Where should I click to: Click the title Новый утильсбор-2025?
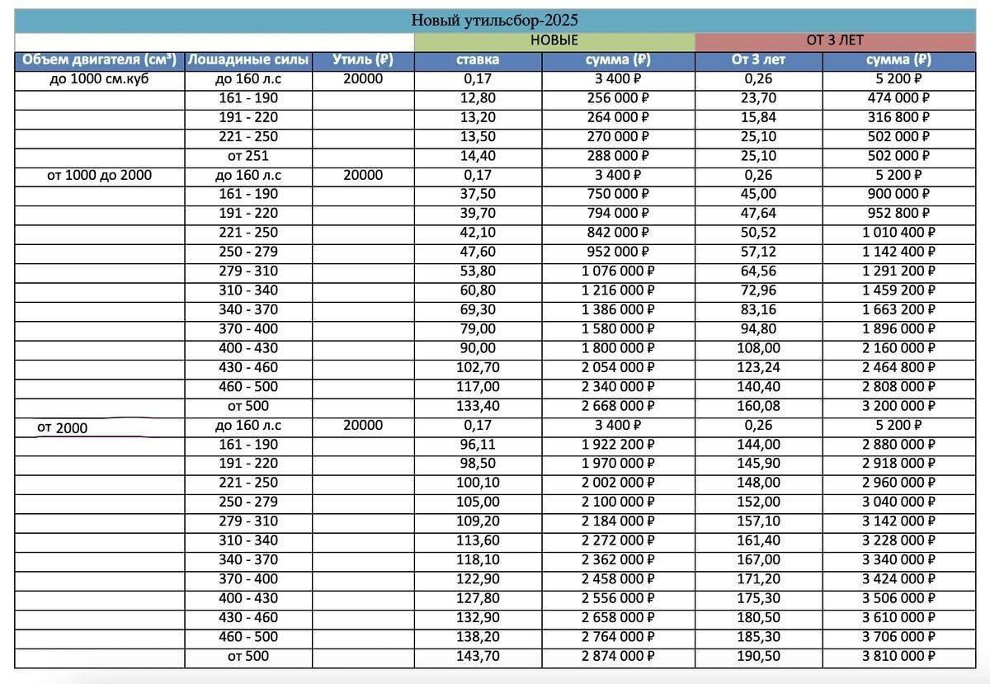coord(495,21)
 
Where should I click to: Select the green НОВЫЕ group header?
coord(554,40)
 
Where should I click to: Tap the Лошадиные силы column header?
coord(248,60)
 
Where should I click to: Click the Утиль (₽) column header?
coord(362,60)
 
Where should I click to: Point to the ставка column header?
coord(478,60)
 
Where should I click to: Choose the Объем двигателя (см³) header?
coord(99,60)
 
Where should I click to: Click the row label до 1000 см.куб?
coord(99,79)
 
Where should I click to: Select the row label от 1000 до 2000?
coord(99,175)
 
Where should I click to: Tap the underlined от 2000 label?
coord(62,427)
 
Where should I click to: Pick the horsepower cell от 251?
coord(248,156)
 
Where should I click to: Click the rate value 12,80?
coord(478,98)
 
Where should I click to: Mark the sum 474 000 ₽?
coord(898,98)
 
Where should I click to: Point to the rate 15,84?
coord(758,117)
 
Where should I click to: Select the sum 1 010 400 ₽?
coord(898,233)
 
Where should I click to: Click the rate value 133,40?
coord(478,406)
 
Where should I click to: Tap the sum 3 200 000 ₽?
coord(898,406)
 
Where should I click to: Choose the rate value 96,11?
coord(478,445)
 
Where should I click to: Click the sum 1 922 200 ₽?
coord(618,445)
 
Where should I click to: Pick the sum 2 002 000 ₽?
coord(618,483)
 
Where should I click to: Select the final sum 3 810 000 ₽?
coord(898,657)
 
